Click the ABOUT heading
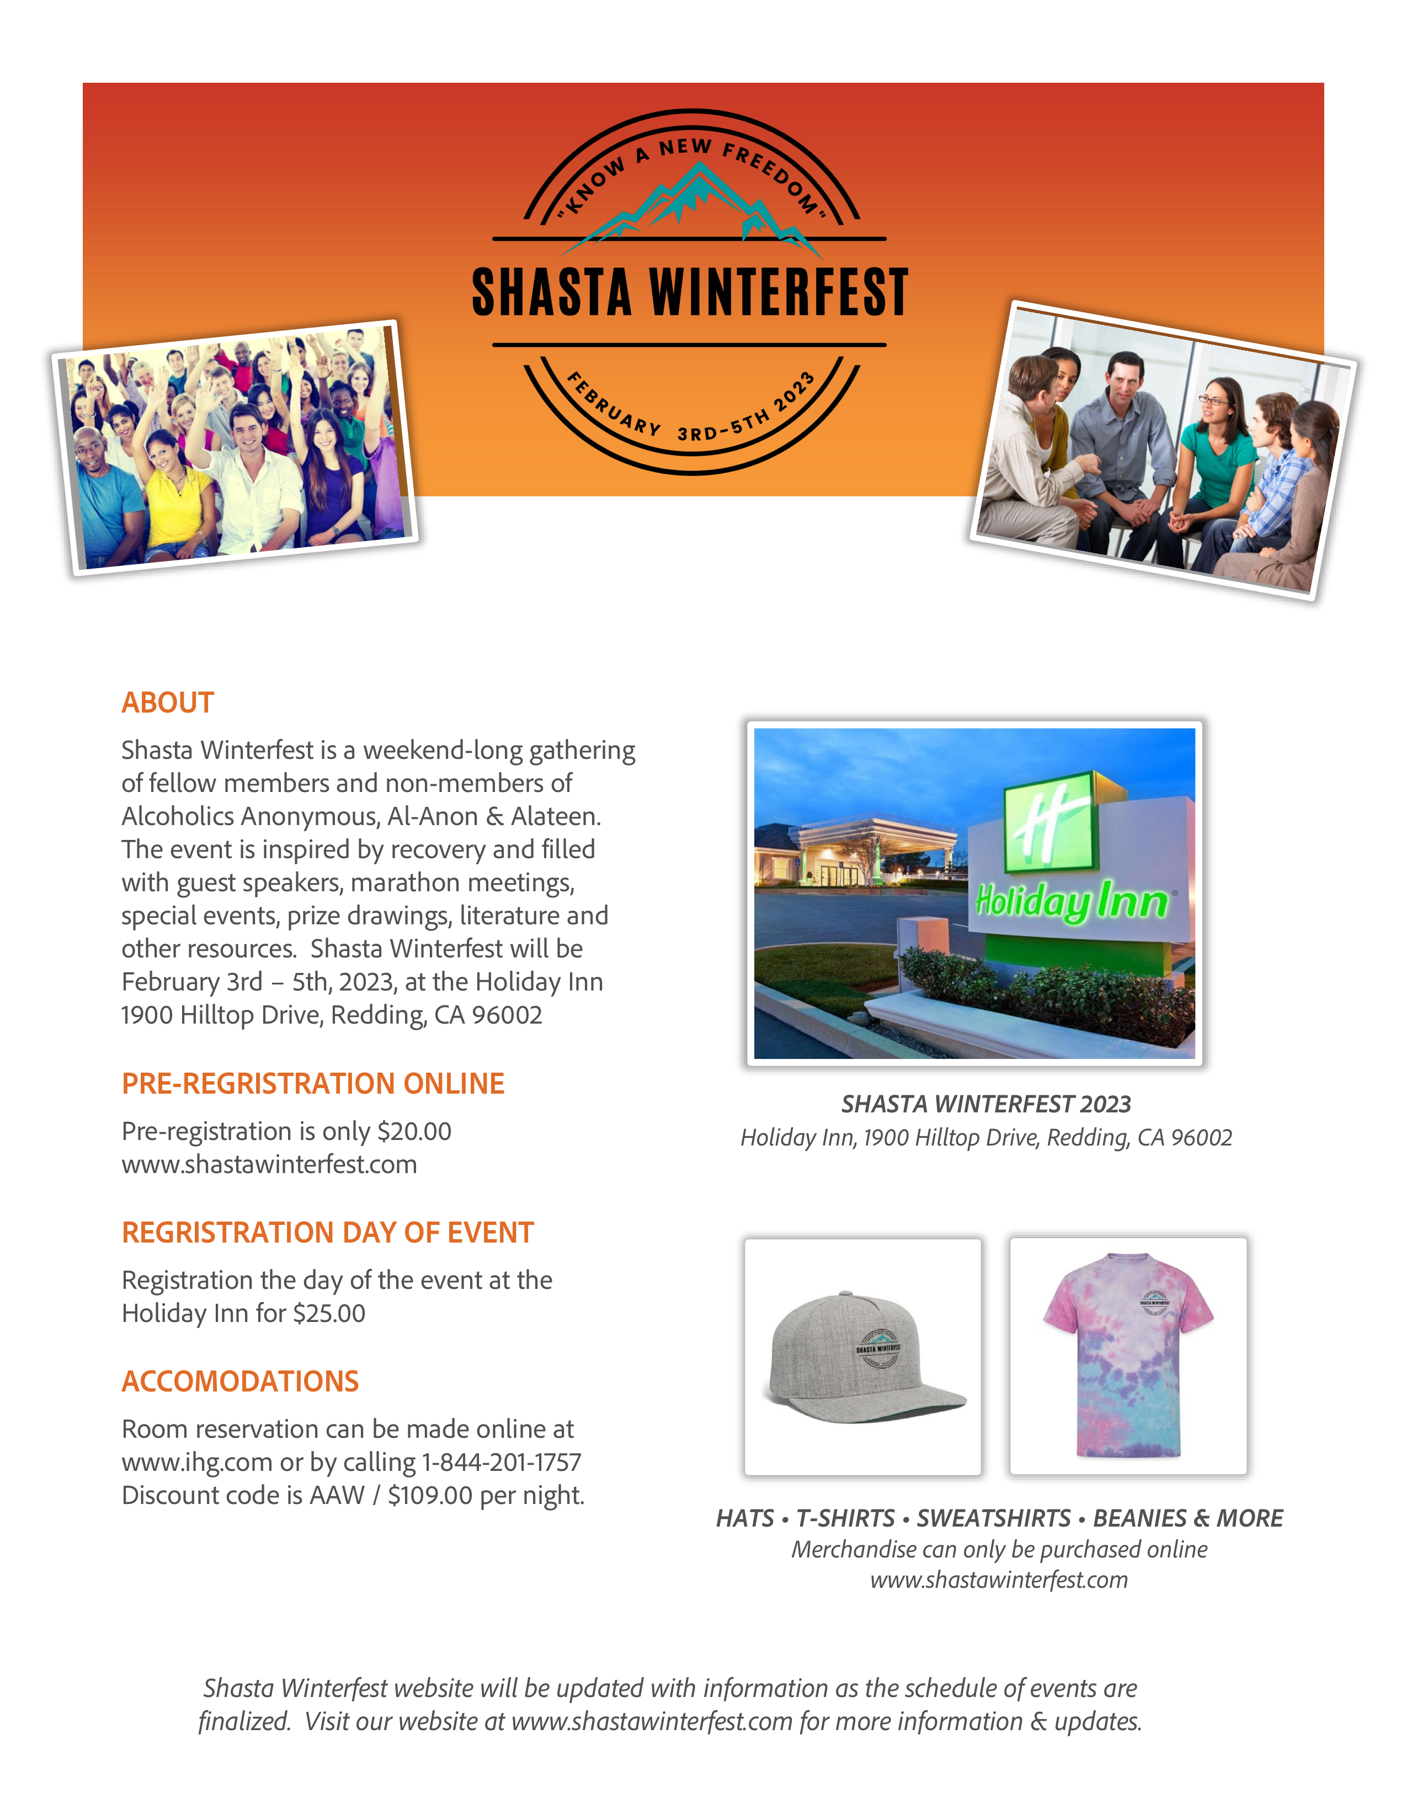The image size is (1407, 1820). point(168,703)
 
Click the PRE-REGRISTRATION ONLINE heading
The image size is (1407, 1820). point(312,1083)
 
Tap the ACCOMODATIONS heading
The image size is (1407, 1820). point(240,1381)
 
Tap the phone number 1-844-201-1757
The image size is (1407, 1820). point(502,1462)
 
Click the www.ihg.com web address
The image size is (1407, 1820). point(197,1462)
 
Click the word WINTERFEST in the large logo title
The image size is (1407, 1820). point(779,293)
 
